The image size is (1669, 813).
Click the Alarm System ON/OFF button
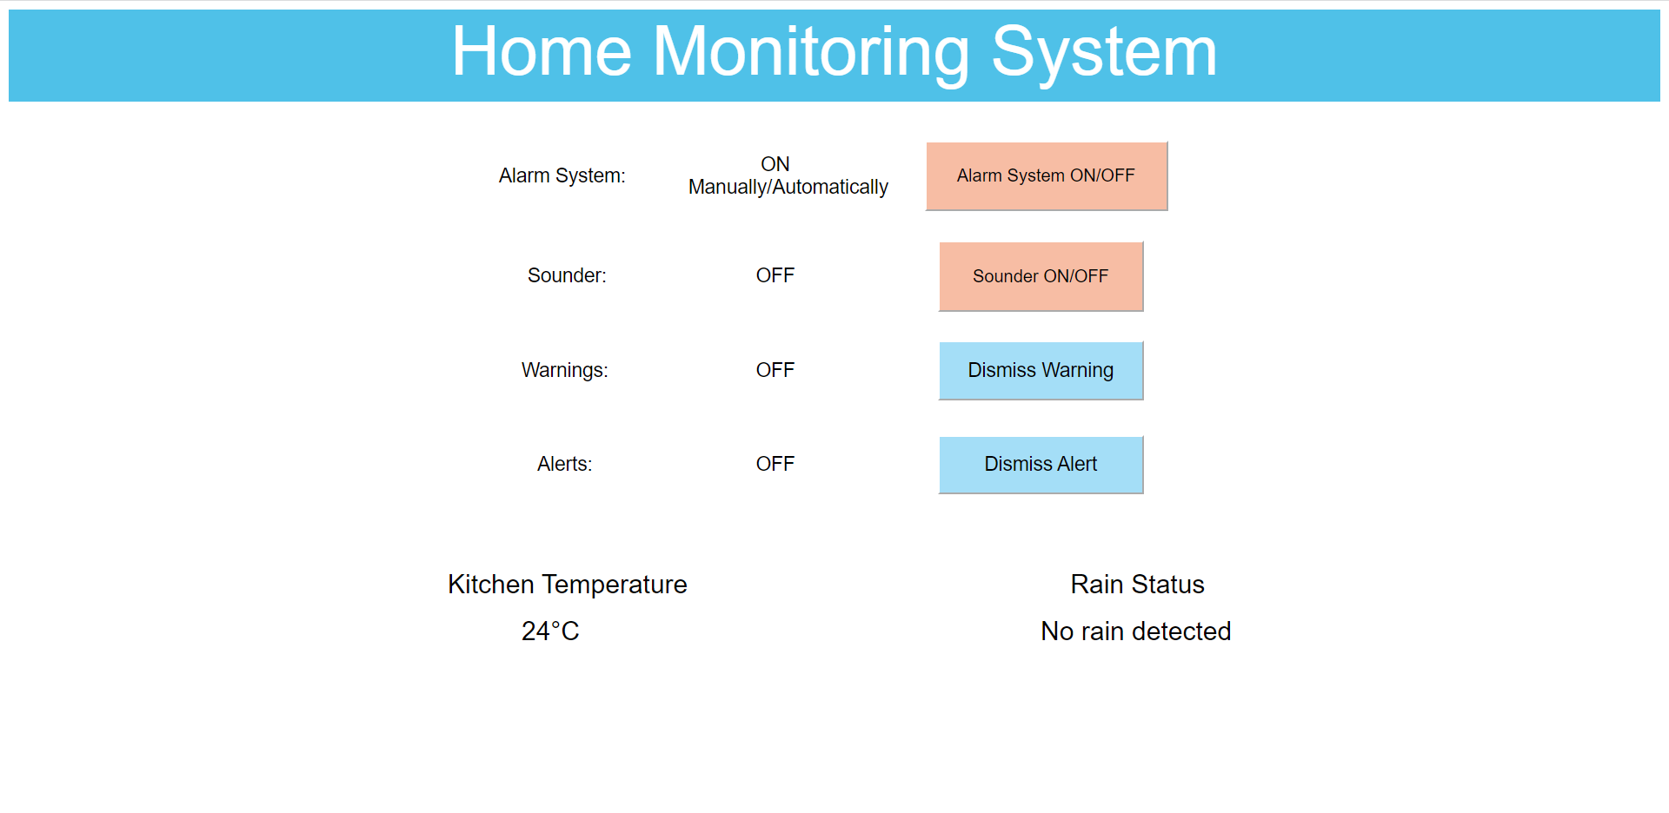[x=1046, y=175]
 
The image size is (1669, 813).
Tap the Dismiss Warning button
[x=1041, y=370]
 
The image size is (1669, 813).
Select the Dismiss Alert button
[x=1041, y=464]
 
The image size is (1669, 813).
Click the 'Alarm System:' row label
[x=562, y=175]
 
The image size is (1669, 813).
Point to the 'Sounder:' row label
[x=567, y=275]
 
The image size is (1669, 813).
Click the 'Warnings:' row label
[x=564, y=370]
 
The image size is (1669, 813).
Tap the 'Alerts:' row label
[x=564, y=464]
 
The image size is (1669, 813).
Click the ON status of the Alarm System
[x=775, y=164]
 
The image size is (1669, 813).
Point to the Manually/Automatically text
[x=788, y=187]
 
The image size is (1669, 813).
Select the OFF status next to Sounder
[x=775, y=275]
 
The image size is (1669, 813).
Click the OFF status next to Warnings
[x=775, y=370]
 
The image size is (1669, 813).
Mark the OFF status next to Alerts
[x=775, y=464]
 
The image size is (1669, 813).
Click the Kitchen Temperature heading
[x=567, y=585]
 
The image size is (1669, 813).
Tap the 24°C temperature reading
[x=549, y=631]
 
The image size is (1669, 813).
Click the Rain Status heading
[x=1137, y=585]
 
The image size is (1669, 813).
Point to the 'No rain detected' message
[x=1135, y=631]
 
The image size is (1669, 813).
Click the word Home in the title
[x=541, y=52]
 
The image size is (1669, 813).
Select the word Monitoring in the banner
[x=810, y=52]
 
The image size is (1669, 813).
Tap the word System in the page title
[x=1104, y=52]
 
